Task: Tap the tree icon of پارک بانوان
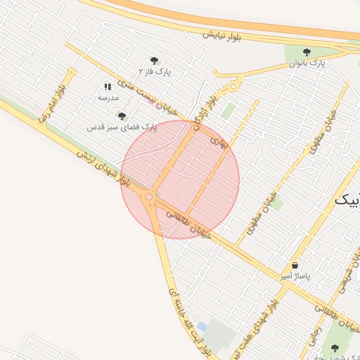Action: (x=307, y=52)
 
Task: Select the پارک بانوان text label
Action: (x=307, y=64)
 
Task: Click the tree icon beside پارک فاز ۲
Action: (x=154, y=60)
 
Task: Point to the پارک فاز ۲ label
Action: (x=153, y=72)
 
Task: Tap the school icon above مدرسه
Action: (x=108, y=86)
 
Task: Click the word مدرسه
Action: (x=108, y=98)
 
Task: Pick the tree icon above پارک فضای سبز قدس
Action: (x=122, y=116)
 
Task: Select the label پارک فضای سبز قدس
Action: (x=122, y=127)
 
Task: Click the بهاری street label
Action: (x=219, y=142)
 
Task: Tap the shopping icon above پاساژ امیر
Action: (x=295, y=266)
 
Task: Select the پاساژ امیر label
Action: (x=295, y=277)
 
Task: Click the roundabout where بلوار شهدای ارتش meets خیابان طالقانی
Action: (x=149, y=198)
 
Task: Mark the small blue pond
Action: (x=202, y=327)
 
